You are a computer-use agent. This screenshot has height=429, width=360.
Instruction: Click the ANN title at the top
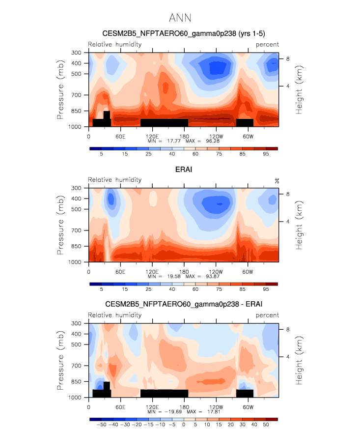pos(180,18)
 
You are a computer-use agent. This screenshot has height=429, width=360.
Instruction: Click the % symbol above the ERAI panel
pos(277,181)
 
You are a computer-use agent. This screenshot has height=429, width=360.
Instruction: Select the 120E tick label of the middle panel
pos(152,272)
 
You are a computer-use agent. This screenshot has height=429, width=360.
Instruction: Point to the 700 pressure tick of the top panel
pos(76,95)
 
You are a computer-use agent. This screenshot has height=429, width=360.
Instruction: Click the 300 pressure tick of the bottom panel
pos(76,323)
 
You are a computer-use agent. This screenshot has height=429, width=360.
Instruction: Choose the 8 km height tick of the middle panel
pos(288,194)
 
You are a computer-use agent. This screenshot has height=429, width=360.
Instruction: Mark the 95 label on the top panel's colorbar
pos(266,154)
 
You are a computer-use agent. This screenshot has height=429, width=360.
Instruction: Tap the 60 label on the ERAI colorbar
pos(195,290)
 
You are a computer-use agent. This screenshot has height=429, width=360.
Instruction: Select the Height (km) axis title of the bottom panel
pos(299,360)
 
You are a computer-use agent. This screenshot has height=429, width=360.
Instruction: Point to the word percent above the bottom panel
pos(267,315)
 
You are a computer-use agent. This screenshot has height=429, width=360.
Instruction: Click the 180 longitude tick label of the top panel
pos(184,136)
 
